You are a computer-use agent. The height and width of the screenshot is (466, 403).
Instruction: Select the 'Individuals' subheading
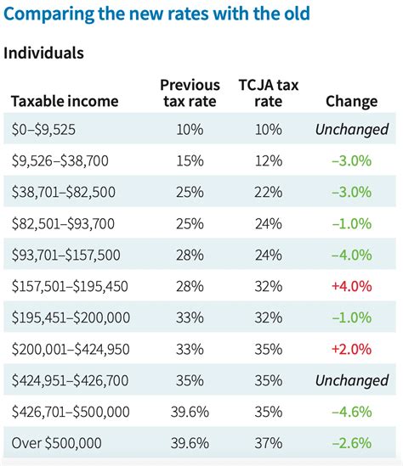(44, 53)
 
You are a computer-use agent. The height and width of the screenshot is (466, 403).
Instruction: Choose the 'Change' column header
(351, 101)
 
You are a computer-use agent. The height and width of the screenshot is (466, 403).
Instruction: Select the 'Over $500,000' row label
(58, 442)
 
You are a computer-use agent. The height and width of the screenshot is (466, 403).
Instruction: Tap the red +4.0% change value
(351, 286)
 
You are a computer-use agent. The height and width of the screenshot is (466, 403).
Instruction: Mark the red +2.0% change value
(351, 349)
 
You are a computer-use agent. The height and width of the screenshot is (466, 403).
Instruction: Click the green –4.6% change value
(351, 412)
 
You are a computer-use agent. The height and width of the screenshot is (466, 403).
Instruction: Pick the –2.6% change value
(351, 442)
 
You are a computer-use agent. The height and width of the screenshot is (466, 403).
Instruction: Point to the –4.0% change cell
(351, 255)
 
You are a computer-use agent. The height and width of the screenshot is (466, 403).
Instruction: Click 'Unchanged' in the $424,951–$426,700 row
(351, 380)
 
